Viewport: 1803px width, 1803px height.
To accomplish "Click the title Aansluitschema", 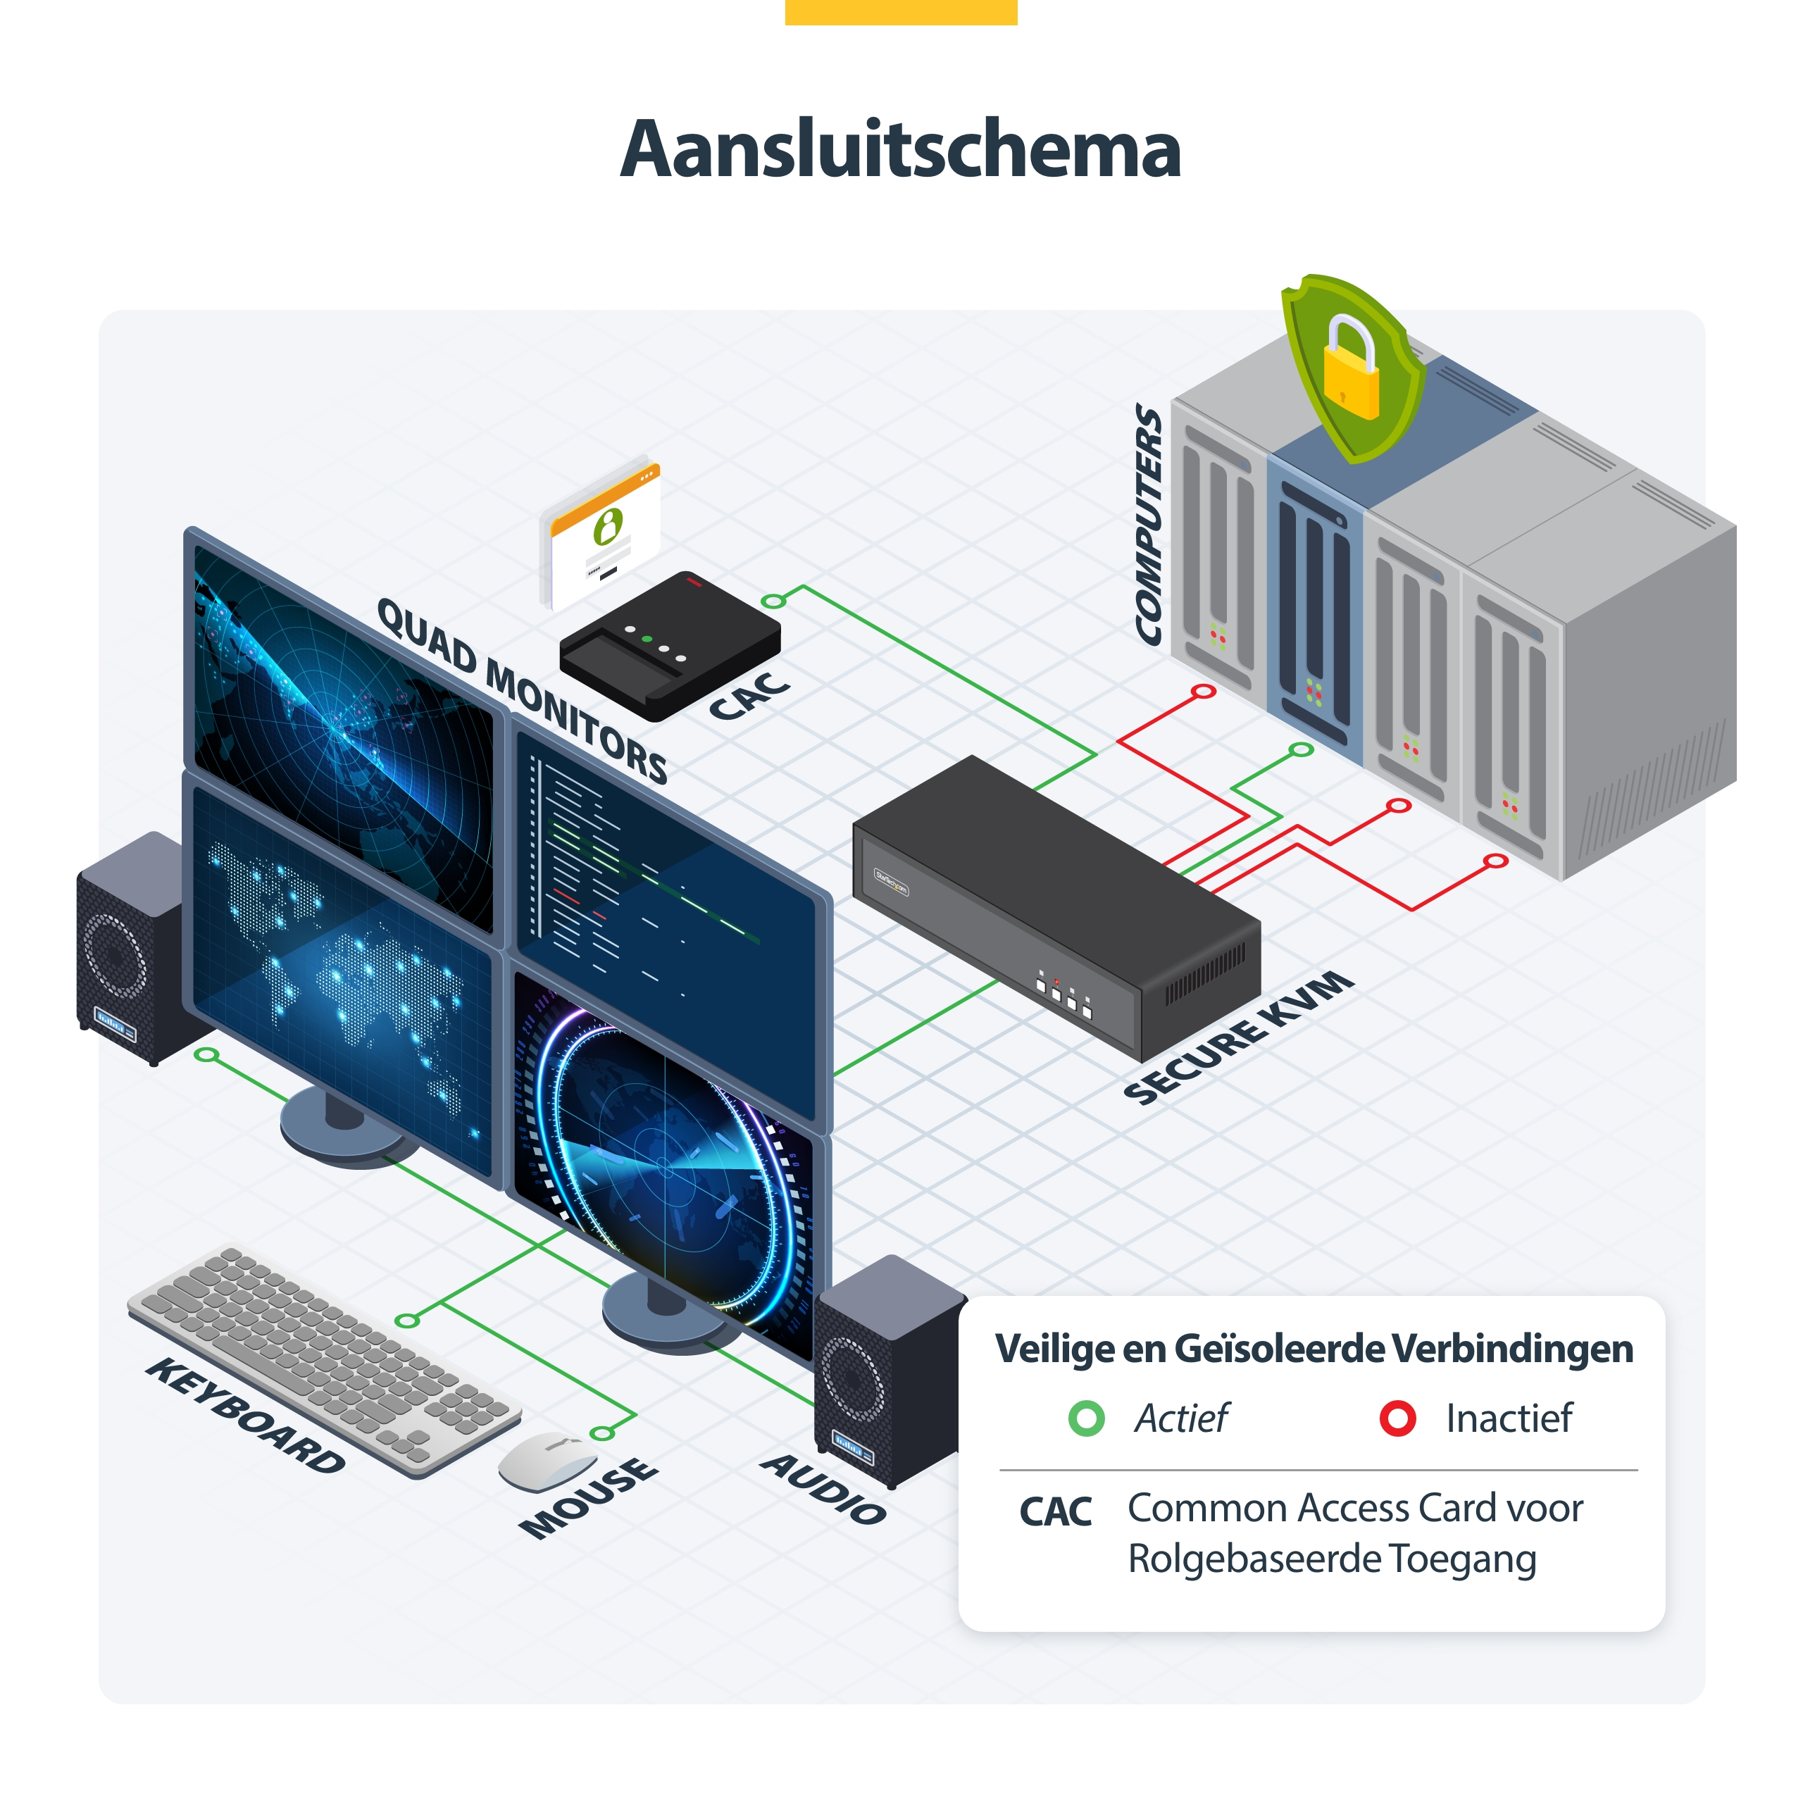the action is pos(901,149).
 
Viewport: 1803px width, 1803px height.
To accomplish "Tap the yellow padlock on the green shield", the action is pos(1350,368).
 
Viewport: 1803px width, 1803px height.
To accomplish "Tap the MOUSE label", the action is pos(589,1497).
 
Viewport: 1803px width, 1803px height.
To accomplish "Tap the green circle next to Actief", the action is pos(1086,1418).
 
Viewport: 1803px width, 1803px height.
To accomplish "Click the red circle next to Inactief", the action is pos(1397,1418).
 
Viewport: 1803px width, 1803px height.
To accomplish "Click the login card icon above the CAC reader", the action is pos(602,532).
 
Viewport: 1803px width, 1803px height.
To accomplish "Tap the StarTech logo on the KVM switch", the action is pos(890,882).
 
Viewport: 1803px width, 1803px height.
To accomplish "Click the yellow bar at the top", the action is pos(901,12).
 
